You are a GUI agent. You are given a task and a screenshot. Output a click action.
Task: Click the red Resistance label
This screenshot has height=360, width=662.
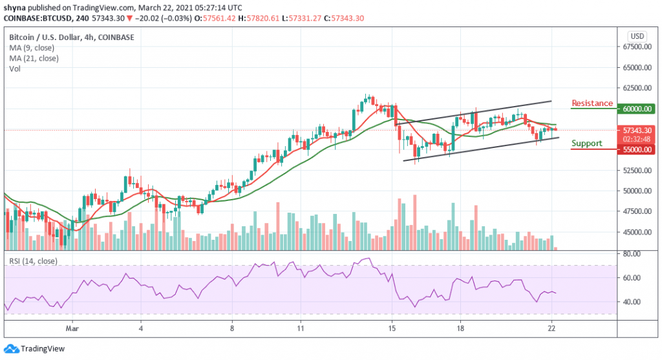point(592,103)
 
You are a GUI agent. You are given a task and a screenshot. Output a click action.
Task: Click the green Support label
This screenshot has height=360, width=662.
point(587,143)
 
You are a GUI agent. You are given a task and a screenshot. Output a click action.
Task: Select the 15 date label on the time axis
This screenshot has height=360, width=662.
point(391,328)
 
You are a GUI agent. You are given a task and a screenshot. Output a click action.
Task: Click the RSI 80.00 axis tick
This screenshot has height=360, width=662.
point(636,254)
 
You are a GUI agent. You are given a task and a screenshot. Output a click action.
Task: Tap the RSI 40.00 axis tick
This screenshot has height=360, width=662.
point(636,302)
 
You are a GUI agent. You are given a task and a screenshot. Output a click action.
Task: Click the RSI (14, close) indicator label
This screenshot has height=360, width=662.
point(33,261)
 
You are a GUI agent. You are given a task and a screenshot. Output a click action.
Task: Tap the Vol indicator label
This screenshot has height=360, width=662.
point(14,68)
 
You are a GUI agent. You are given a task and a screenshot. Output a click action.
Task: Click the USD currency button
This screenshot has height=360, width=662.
point(637,36)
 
